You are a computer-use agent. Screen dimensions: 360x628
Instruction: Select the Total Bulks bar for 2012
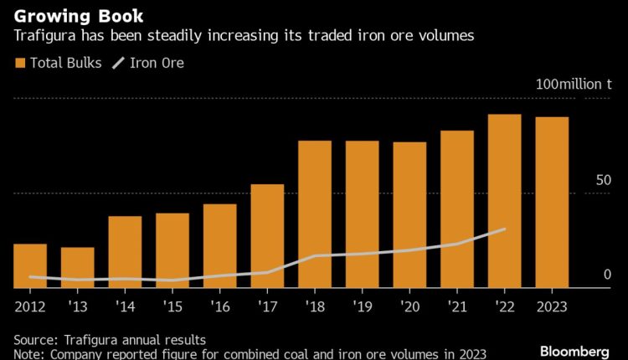click(30, 266)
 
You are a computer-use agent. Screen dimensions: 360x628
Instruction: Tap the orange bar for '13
click(77, 268)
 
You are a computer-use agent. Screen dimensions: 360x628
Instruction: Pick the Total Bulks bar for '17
click(267, 236)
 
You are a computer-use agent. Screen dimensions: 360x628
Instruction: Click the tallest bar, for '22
click(505, 201)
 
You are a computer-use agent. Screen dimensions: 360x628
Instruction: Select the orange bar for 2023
click(552, 203)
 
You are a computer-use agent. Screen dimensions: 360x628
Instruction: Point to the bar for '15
click(172, 250)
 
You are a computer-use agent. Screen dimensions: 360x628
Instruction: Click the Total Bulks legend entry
click(55, 62)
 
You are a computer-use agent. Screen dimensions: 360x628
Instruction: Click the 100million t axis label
click(574, 85)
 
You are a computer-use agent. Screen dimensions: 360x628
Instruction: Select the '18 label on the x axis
click(314, 306)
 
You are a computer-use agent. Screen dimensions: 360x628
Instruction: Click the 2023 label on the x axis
click(552, 306)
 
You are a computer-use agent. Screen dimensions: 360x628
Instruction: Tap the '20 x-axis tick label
click(409, 306)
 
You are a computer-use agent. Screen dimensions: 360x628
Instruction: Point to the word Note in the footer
click(29, 354)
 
